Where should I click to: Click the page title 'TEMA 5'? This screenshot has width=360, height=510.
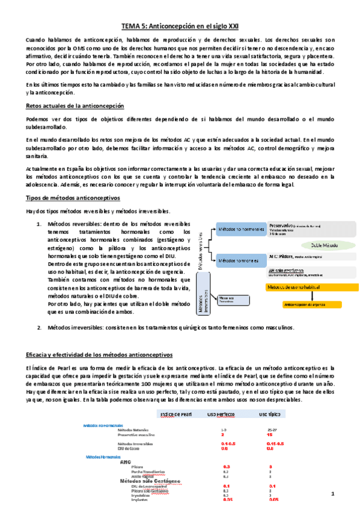(180, 26)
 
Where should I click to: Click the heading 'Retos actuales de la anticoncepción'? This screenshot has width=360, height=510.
(75, 106)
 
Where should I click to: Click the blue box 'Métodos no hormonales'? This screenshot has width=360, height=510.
(241, 230)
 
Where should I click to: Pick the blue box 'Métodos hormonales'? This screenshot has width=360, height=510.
(241, 260)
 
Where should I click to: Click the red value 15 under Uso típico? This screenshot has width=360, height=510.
(271, 434)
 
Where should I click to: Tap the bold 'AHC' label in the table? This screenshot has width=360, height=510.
(126, 462)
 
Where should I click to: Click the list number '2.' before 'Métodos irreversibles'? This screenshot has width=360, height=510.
(40, 328)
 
